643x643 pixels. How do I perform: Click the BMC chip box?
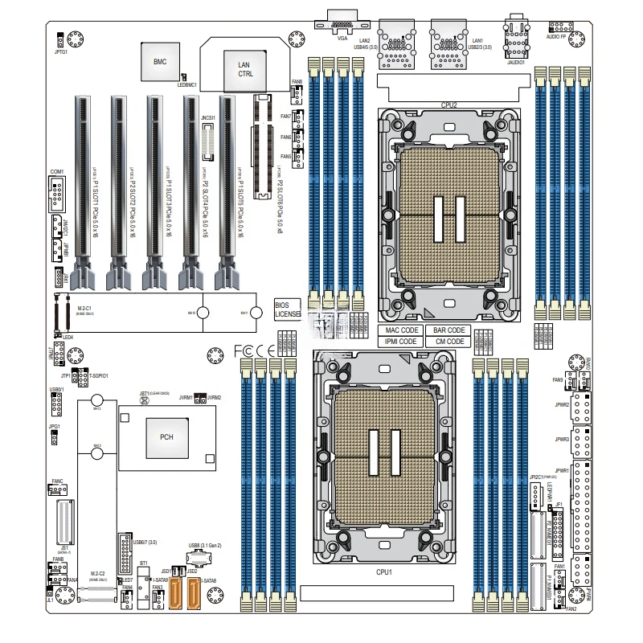[x=159, y=61]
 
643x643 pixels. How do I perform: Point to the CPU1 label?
[x=384, y=571]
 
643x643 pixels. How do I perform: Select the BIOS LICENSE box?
[x=287, y=310]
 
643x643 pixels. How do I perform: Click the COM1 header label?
[x=56, y=172]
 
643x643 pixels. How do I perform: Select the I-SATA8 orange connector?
[x=195, y=597]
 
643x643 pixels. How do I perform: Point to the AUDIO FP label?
[x=560, y=36]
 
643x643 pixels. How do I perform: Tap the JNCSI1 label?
[x=207, y=118]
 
